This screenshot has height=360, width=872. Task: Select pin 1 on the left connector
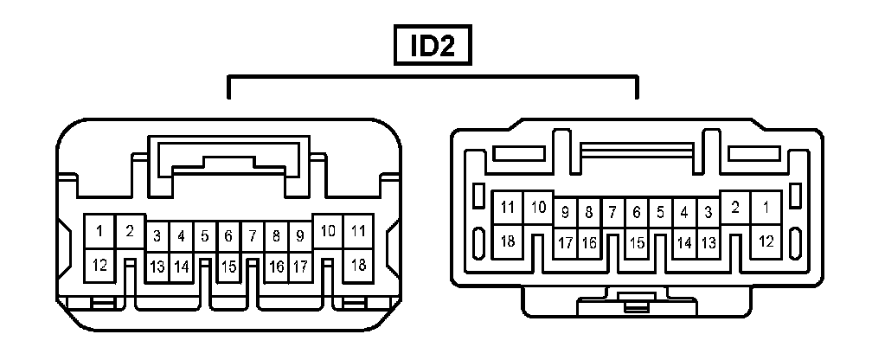click(99, 231)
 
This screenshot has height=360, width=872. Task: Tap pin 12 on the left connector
click(99, 265)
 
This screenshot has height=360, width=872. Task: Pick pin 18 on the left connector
click(356, 265)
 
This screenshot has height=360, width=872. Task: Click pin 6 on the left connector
click(228, 235)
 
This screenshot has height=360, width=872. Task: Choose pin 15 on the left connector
click(228, 267)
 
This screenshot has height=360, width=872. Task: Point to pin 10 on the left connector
click(328, 231)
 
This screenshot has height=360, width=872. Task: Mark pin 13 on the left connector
click(157, 267)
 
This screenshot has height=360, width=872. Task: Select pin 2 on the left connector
click(130, 231)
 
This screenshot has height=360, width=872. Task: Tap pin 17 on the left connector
click(299, 267)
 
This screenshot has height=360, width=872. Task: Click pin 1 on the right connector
click(766, 208)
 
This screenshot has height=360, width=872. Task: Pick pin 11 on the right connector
click(508, 208)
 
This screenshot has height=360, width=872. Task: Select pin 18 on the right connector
click(508, 241)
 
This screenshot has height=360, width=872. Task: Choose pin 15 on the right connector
click(636, 243)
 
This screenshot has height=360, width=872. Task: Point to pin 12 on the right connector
click(766, 241)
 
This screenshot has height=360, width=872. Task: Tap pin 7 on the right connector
click(612, 211)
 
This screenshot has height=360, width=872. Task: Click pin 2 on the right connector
click(735, 208)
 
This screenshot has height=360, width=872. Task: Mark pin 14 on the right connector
click(683, 243)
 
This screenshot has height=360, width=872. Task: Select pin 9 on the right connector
click(565, 211)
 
